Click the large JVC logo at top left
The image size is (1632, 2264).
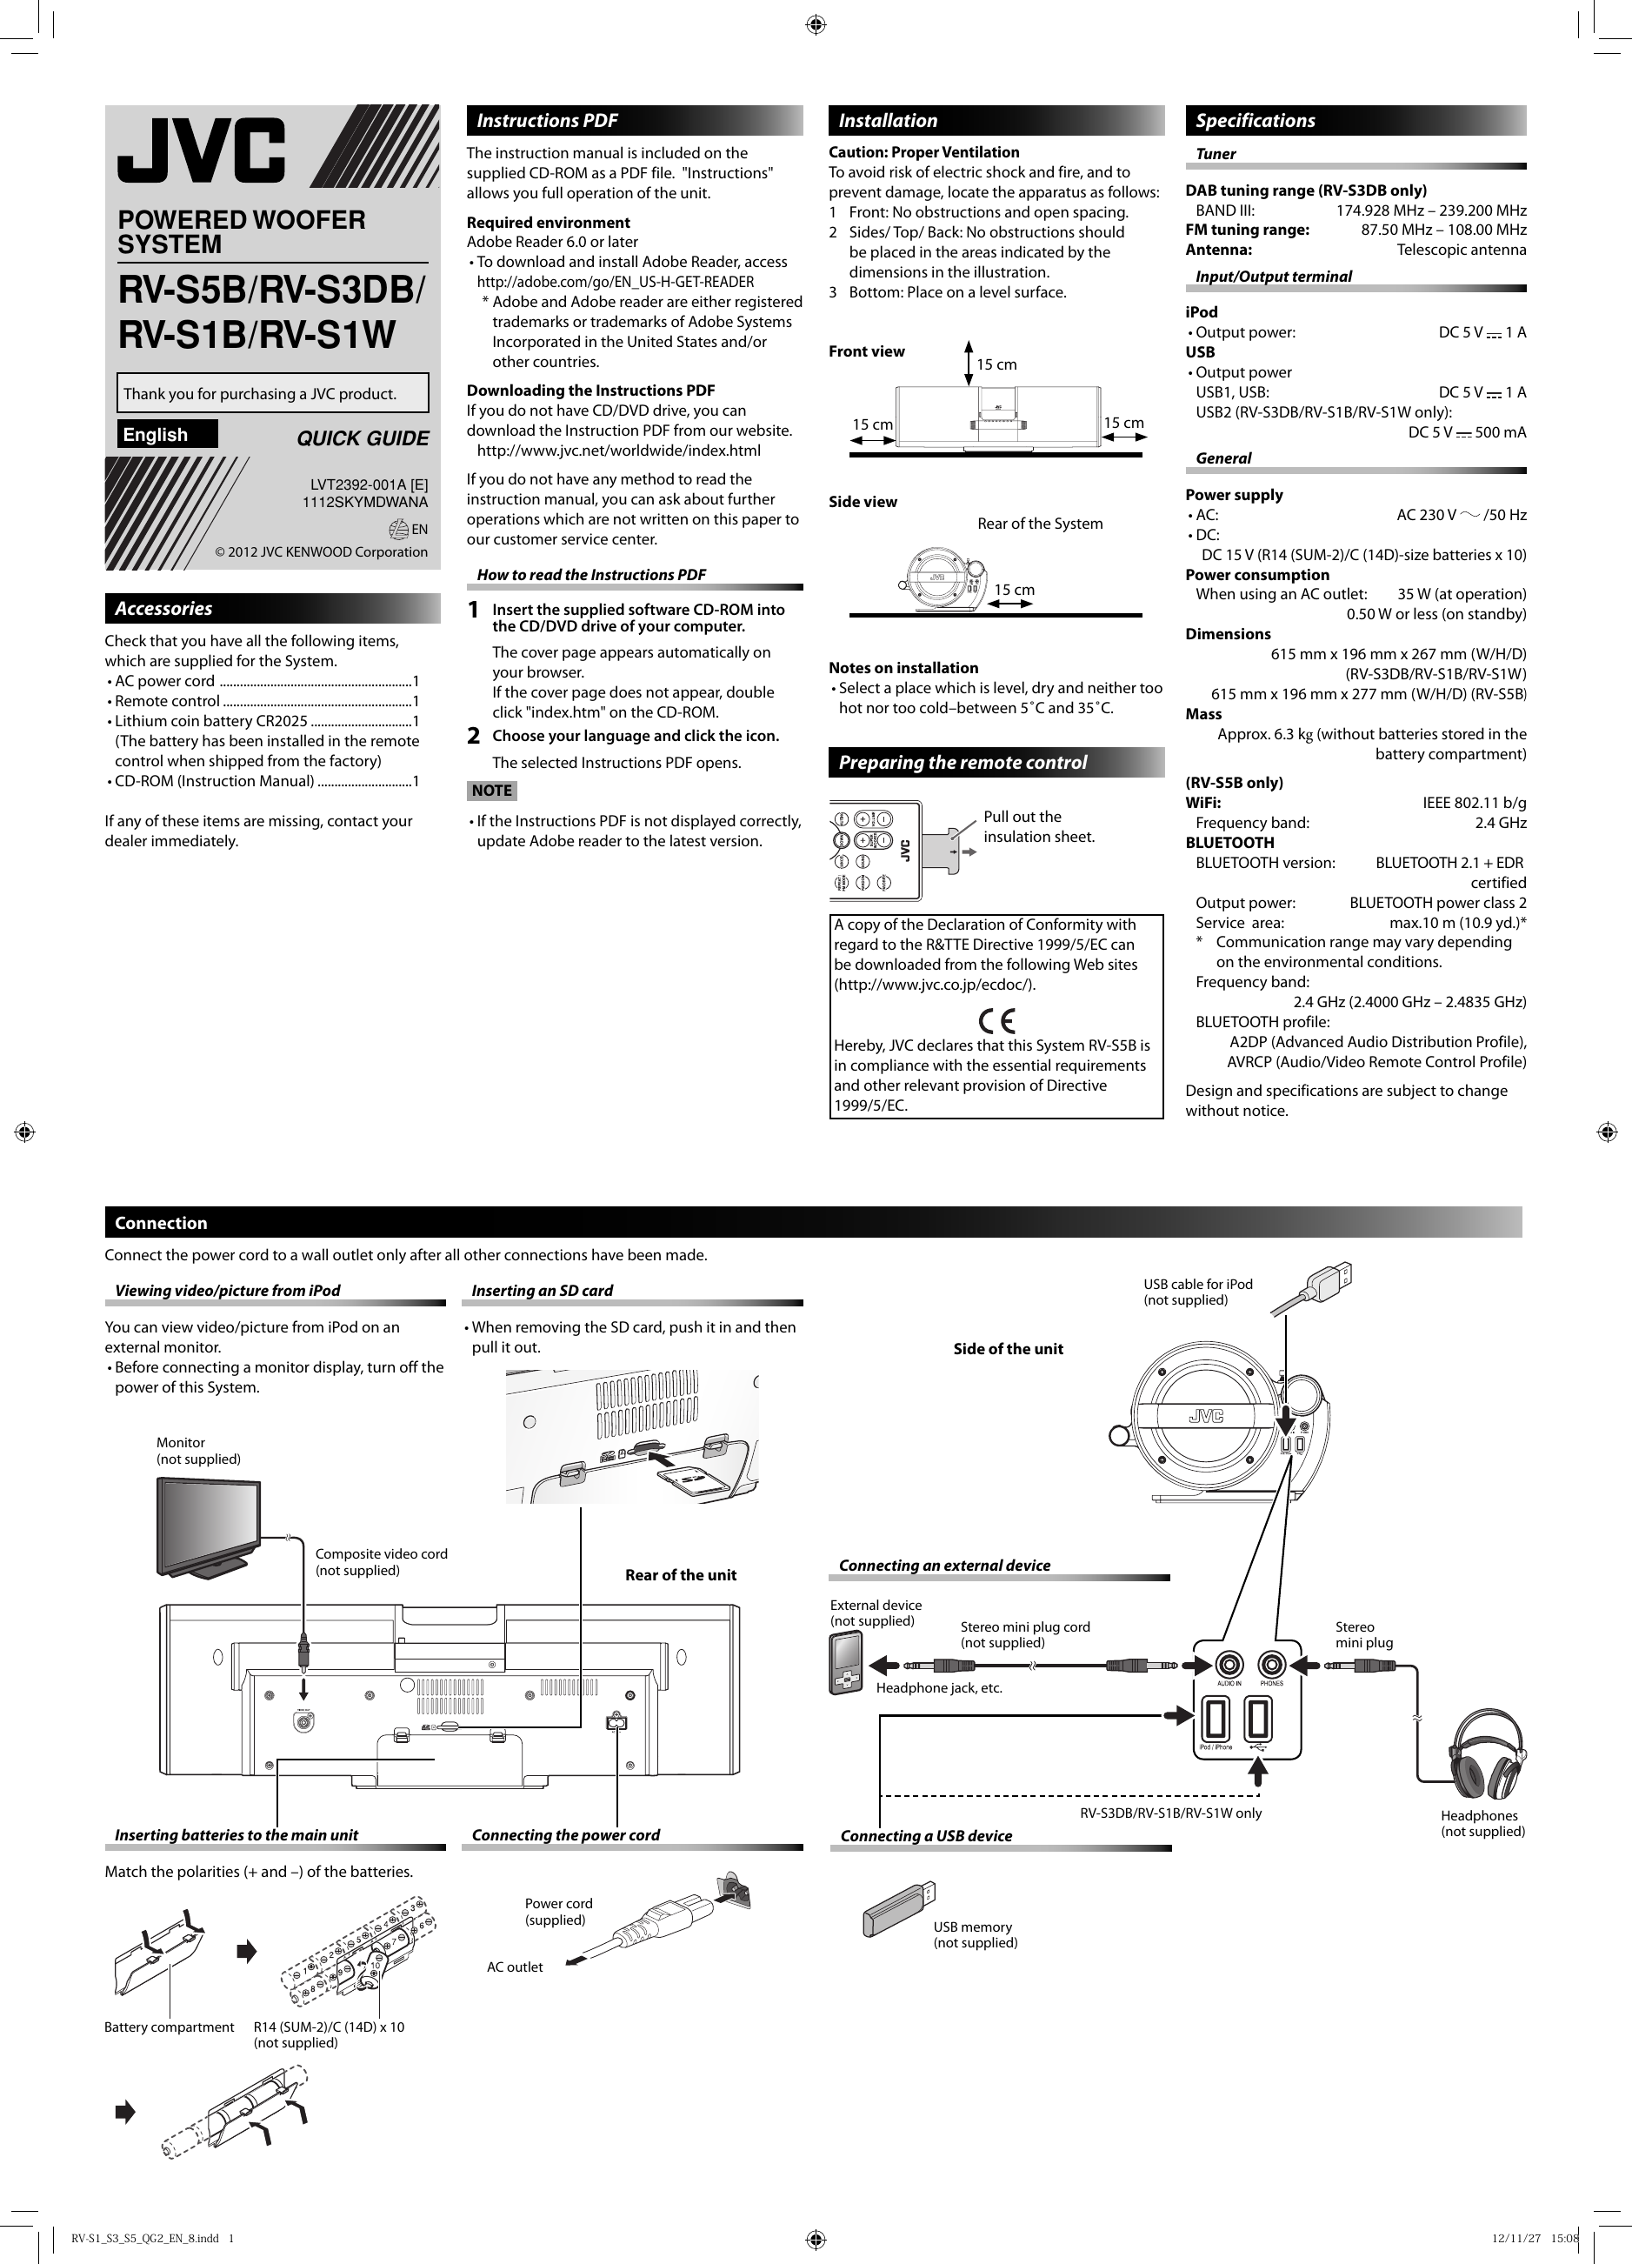[x=203, y=150]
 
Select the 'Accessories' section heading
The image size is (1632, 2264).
[x=163, y=608]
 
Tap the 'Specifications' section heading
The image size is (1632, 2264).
[x=1255, y=121]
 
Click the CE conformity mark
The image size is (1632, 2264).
[x=996, y=1021]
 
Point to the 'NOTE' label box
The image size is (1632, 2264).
[x=491, y=791]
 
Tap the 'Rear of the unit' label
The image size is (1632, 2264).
[x=680, y=1575]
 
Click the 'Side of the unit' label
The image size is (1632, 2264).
[x=1007, y=1349]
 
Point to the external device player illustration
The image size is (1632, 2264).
[x=845, y=1663]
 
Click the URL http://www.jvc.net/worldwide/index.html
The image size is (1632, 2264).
[x=619, y=451]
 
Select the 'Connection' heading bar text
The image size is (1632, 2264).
[x=161, y=1223]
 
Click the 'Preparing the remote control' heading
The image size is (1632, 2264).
[x=963, y=763]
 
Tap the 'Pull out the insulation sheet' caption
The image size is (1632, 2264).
[x=1038, y=826]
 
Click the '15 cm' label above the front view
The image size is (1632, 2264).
[x=996, y=364]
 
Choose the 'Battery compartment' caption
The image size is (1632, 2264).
[x=169, y=2027]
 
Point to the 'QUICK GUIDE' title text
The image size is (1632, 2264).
[x=363, y=438]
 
